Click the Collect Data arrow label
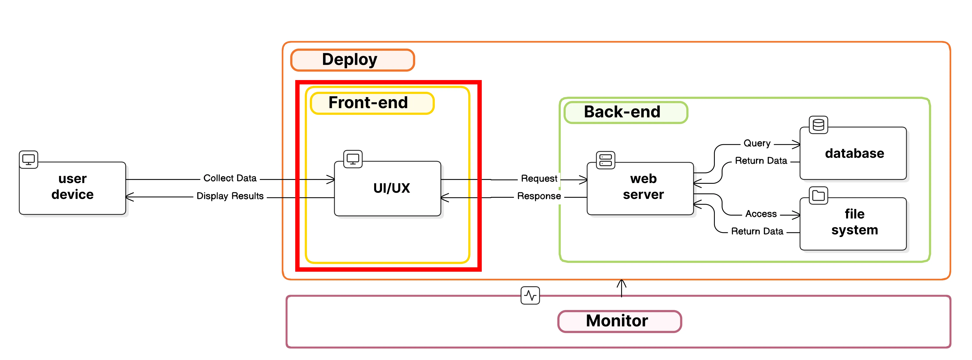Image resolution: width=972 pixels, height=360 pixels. (230, 178)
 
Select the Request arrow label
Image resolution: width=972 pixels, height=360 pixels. (539, 179)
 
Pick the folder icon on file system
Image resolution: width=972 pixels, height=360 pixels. (818, 196)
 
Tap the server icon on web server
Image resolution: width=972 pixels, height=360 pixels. (605, 160)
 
